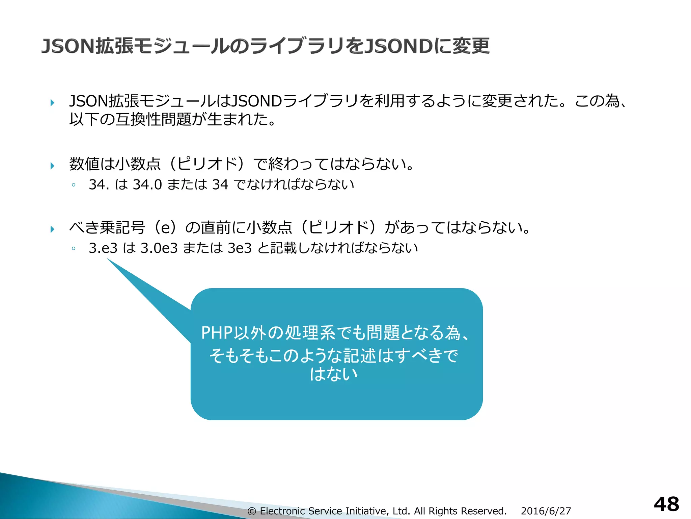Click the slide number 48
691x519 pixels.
tap(666, 504)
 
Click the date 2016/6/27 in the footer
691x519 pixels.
tap(546, 511)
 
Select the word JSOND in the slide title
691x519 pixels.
tap(399, 46)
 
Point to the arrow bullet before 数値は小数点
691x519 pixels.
tap(52, 166)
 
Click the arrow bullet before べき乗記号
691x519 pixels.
tap(52, 229)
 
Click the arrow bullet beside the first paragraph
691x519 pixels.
tap(52, 102)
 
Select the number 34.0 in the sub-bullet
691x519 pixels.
tap(147, 184)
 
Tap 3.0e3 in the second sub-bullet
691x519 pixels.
tap(159, 248)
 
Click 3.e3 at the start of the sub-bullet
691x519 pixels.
tap(103, 248)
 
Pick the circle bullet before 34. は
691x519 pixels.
tap(74, 185)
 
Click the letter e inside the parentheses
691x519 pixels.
tap(165, 227)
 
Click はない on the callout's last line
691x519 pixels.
tap(334, 374)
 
